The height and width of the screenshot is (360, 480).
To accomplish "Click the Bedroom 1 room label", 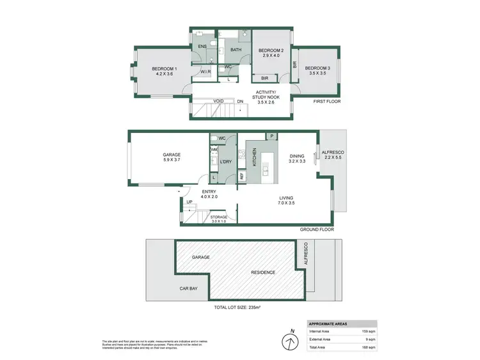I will (x=164, y=69).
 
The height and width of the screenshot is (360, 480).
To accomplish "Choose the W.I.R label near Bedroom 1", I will (x=206, y=72).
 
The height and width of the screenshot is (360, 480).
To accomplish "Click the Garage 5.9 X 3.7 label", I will (x=171, y=155).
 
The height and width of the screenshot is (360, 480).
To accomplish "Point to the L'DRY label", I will (x=225, y=162).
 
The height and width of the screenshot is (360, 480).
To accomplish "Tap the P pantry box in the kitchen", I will (x=271, y=137).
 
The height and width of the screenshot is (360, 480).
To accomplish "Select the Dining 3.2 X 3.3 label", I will (x=296, y=155).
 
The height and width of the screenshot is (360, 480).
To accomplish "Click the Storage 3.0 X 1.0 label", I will (x=219, y=217).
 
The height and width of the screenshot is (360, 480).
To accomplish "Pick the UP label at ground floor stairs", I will (x=189, y=203).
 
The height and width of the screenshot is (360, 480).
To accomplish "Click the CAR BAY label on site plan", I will (x=188, y=288).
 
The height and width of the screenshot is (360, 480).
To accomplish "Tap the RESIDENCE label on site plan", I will (x=263, y=272).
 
